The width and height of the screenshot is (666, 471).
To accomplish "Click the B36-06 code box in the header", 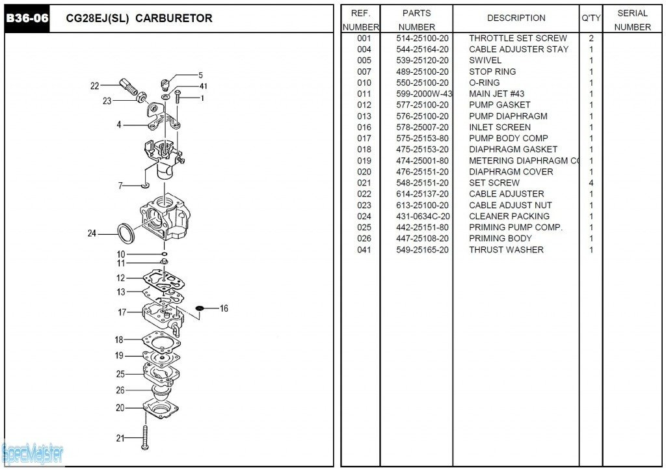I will (27, 18).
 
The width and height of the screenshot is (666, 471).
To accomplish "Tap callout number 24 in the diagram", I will (92, 234).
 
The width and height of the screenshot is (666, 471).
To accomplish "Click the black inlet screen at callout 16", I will (200, 308).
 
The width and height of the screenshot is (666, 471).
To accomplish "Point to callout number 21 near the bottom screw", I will (120, 438).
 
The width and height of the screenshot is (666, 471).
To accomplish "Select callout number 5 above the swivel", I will (200, 75).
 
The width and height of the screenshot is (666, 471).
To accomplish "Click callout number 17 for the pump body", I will (122, 312).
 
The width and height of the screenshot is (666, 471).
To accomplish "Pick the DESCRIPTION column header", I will (516, 18).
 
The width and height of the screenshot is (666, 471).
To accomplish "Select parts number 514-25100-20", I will (422, 38).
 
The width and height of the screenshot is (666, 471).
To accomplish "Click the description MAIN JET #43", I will (496, 94).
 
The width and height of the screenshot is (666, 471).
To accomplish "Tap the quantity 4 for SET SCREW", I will (591, 183).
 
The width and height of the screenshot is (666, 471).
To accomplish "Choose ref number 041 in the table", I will (364, 250).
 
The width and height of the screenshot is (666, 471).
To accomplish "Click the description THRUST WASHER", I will (506, 250).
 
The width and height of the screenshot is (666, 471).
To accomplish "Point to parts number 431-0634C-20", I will (422, 217).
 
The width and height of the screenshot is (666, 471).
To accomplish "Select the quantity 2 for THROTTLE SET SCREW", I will (591, 38).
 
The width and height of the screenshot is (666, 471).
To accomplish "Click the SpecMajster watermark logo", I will (33, 452).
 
